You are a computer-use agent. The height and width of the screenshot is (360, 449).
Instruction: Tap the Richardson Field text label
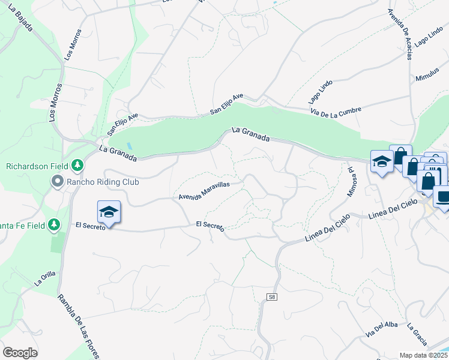point(37,166)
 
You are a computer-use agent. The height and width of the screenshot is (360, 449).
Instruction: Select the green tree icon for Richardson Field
point(77,164)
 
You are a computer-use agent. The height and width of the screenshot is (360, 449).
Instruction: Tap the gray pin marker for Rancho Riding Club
point(58,181)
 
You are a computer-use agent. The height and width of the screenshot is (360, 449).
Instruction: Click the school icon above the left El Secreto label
point(109,212)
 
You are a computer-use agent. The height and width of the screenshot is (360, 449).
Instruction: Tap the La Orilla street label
point(45,277)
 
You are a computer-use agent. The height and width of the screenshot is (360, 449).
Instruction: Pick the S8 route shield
point(272,297)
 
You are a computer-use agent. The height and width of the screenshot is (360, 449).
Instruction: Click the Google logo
point(20,353)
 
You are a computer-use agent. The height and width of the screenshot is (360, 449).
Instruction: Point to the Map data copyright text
point(424,355)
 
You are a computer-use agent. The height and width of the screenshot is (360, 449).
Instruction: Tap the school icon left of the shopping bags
point(381,161)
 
